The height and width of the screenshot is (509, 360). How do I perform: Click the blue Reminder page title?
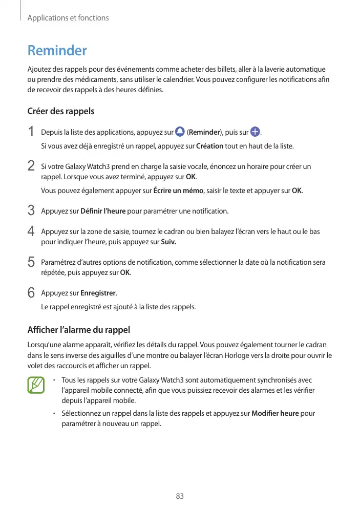tap(57, 51)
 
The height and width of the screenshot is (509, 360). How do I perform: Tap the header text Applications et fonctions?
tap(68, 18)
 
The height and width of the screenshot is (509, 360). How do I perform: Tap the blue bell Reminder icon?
tap(179, 132)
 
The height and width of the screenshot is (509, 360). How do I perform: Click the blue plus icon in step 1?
tap(255, 132)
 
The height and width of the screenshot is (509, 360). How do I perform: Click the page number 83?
tap(180, 496)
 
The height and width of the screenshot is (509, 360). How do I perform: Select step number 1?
tap(31, 132)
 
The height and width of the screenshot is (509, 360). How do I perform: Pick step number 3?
tap(31, 210)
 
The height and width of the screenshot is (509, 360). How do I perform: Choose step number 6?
tap(31, 293)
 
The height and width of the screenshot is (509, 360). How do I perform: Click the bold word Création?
tap(209, 146)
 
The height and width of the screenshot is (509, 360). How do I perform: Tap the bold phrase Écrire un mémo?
tap(179, 191)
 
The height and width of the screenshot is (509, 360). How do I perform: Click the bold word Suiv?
tap(168, 241)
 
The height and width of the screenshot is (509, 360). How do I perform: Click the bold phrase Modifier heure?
tap(276, 413)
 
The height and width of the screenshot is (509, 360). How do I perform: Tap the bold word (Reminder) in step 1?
tap(204, 133)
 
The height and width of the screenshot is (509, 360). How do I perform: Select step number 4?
tap(31, 231)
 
